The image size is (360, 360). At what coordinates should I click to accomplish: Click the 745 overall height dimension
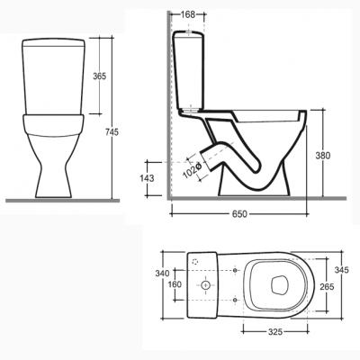point(112,131)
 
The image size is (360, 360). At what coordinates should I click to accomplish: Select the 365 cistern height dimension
point(99,76)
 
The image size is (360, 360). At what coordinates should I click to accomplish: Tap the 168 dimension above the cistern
point(188,14)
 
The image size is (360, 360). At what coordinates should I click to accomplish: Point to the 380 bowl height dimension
point(323,156)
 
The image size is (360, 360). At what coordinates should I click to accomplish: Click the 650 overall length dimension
point(239,214)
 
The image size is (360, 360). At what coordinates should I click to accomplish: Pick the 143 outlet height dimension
point(147,178)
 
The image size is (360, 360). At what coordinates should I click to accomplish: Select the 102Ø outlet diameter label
point(192,170)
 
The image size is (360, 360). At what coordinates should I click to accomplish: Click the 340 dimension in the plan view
point(162,274)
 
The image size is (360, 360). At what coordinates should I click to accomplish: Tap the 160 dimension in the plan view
point(175,284)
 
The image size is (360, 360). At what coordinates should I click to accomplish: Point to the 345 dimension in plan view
point(342,270)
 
